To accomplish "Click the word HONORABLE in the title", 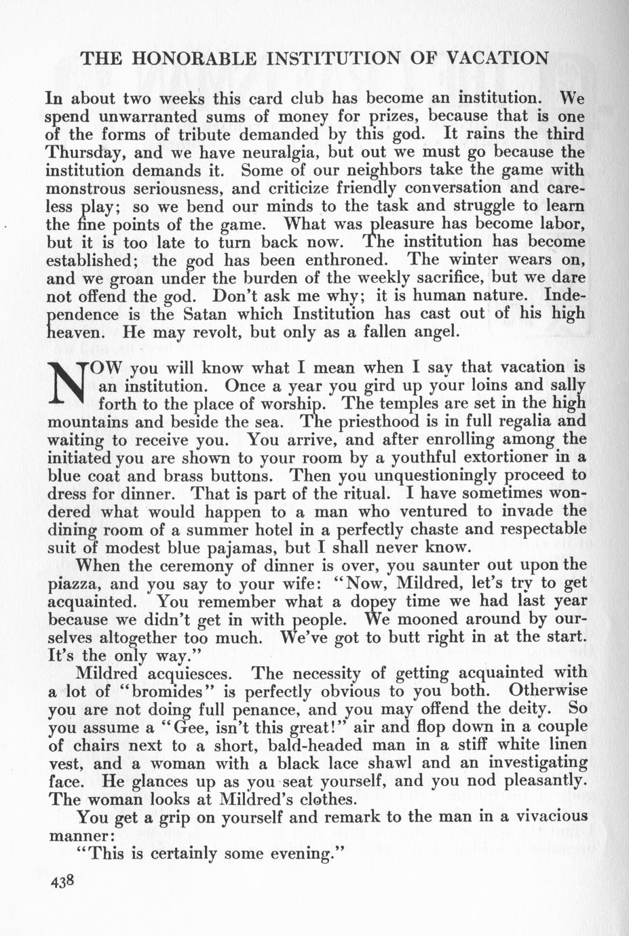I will (195, 58).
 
